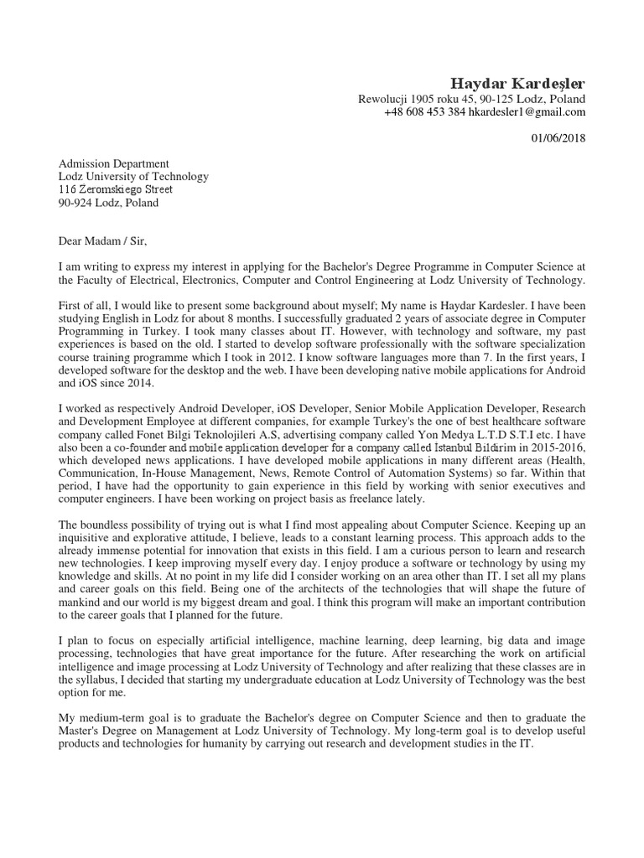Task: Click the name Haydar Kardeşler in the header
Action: point(518,83)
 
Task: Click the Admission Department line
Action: point(113,164)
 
